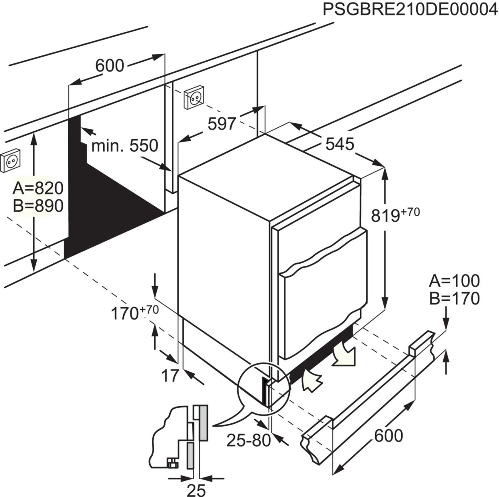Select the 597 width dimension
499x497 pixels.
click(x=222, y=123)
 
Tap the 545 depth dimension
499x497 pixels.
click(x=339, y=144)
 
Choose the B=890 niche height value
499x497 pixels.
click(x=38, y=206)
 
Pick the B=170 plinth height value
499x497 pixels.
click(x=454, y=298)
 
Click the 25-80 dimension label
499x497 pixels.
click(x=248, y=440)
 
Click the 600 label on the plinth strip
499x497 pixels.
click(x=388, y=436)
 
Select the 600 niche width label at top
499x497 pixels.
click(x=110, y=65)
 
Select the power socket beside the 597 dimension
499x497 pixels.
click(x=194, y=97)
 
